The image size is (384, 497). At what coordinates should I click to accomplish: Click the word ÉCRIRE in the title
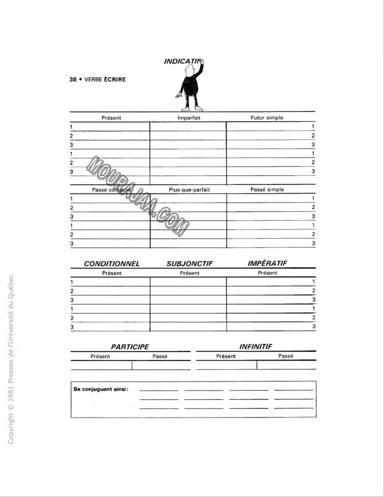tap(115, 79)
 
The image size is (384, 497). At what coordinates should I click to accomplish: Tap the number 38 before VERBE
tap(72, 79)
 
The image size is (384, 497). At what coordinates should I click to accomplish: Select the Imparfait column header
tap(189, 118)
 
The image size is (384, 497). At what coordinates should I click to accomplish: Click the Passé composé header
tap(111, 190)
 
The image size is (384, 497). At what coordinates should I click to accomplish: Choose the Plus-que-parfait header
tap(189, 190)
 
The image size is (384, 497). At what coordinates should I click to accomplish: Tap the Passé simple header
tap(267, 190)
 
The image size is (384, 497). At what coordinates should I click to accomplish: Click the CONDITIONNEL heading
tap(111, 263)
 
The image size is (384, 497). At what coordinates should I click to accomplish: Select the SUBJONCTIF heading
tap(189, 263)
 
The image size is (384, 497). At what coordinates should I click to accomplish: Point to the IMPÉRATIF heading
tap(267, 263)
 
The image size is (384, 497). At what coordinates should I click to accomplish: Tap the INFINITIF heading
tap(255, 347)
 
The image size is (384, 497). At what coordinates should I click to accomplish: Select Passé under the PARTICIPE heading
tap(160, 356)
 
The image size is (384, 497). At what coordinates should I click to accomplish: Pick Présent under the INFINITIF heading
tap(226, 356)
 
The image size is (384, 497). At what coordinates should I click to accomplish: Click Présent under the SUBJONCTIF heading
tap(189, 273)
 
